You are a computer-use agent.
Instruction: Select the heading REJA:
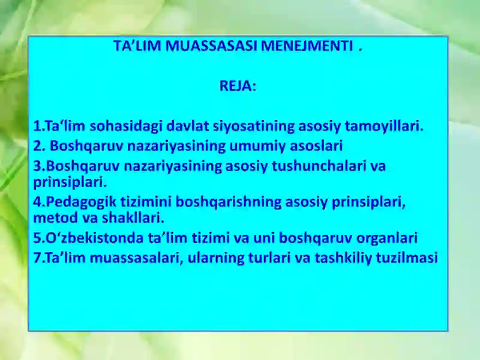(x=238, y=86)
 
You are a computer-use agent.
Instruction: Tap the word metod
(x=52, y=217)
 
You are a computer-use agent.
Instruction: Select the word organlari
(x=384, y=238)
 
